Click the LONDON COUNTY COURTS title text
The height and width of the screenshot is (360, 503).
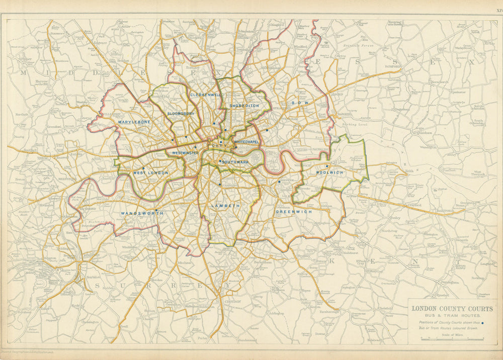pos(453,309)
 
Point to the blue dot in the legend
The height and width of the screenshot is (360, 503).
pos(482,324)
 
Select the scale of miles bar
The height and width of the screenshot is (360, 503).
pos(445,339)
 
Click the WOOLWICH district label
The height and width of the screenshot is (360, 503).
pos(329,173)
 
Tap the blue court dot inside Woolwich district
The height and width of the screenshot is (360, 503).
pos(327,166)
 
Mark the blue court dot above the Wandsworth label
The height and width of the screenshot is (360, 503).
pos(156,210)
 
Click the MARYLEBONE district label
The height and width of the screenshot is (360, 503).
pos(134,122)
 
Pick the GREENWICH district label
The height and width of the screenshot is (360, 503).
pos(294,212)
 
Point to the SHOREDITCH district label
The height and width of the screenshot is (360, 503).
pos(244,106)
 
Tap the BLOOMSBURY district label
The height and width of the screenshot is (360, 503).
pos(181,114)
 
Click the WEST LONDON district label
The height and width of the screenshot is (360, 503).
pos(150,173)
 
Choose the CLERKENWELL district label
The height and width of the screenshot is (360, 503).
pos(206,95)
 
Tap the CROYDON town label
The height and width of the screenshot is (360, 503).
pos(232,302)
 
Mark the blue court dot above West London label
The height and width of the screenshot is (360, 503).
pos(143,168)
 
